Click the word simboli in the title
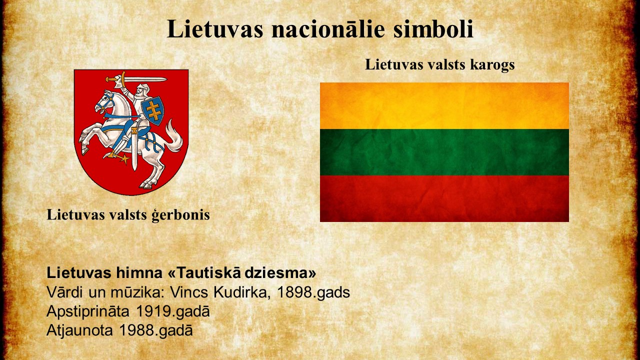(x=433, y=29)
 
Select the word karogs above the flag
(x=492, y=65)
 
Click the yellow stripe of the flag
(x=444, y=105)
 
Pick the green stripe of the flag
(x=444, y=152)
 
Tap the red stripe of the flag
(x=444, y=198)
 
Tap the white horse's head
(x=104, y=102)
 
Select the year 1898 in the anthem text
(x=295, y=292)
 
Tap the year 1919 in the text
(x=153, y=311)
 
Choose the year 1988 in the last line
(x=136, y=330)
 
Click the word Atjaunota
(x=79, y=330)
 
